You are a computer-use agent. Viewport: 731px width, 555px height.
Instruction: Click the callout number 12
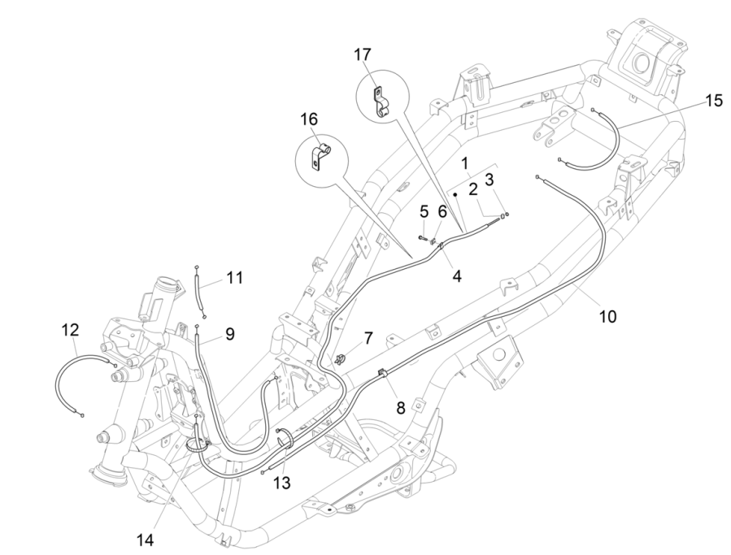[71, 330]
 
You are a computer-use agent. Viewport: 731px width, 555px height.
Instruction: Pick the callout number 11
[234, 278]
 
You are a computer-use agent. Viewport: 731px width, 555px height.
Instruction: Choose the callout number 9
[230, 332]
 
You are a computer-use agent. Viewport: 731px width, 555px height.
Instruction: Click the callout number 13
[281, 483]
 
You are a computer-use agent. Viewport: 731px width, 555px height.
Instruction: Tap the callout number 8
[401, 408]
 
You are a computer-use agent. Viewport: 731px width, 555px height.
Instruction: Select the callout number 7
[368, 336]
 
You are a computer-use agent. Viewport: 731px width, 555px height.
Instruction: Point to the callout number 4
[457, 276]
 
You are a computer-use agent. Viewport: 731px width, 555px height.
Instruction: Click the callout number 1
[466, 163]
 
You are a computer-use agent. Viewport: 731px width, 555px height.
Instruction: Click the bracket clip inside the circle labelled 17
[378, 101]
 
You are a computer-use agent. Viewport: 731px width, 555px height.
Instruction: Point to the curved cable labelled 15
[610, 146]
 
